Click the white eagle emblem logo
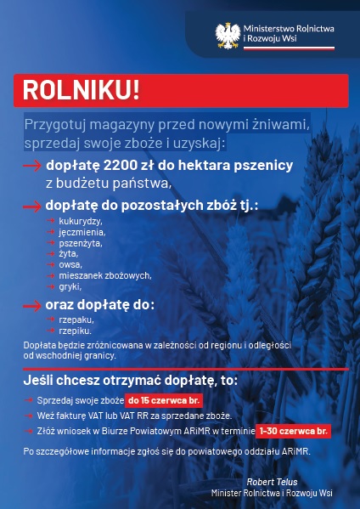[227, 35]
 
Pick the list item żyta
[69, 254]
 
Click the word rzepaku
[76, 320]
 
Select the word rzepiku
[75, 331]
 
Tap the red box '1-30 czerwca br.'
[293, 432]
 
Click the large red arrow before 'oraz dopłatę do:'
[32, 305]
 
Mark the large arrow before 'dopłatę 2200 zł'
[32, 165]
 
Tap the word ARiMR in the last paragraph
[293, 451]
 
